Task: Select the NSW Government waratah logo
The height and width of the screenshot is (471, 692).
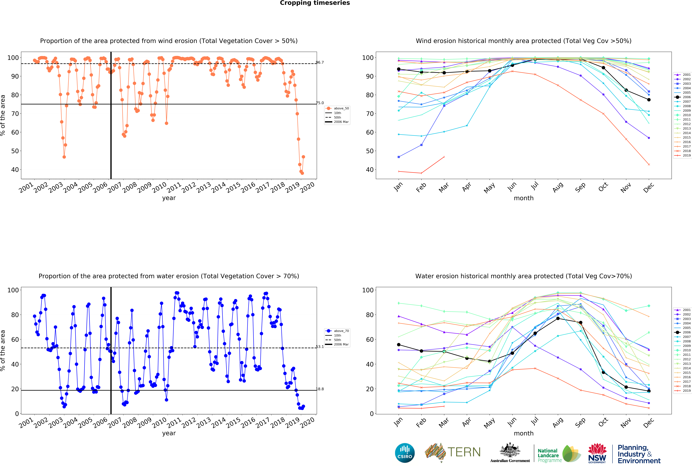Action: [x=597, y=453]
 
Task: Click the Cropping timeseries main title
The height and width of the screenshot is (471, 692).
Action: [x=315, y=3]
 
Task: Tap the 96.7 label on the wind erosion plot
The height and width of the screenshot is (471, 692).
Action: [x=320, y=62]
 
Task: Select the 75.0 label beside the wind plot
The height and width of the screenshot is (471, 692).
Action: [x=320, y=103]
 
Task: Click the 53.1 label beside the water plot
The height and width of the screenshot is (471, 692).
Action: [x=320, y=347]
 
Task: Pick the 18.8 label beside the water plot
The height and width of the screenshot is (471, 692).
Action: [x=320, y=389]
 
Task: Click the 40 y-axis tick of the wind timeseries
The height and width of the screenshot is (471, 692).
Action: [x=15, y=170]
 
